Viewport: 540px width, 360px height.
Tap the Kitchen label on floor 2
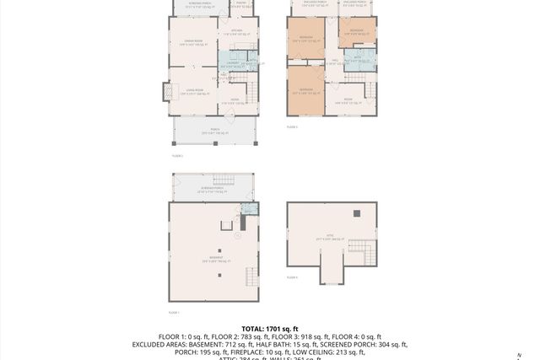click(236, 34)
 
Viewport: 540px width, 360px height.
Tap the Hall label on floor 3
click(334, 61)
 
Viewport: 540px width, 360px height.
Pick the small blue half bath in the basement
click(247, 209)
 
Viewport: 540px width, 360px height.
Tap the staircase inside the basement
click(251, 276)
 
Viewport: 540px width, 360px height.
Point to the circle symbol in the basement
click(238, 237)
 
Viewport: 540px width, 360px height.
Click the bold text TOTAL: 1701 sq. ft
click(269, 329)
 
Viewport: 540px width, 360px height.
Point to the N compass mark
click(520, 355)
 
